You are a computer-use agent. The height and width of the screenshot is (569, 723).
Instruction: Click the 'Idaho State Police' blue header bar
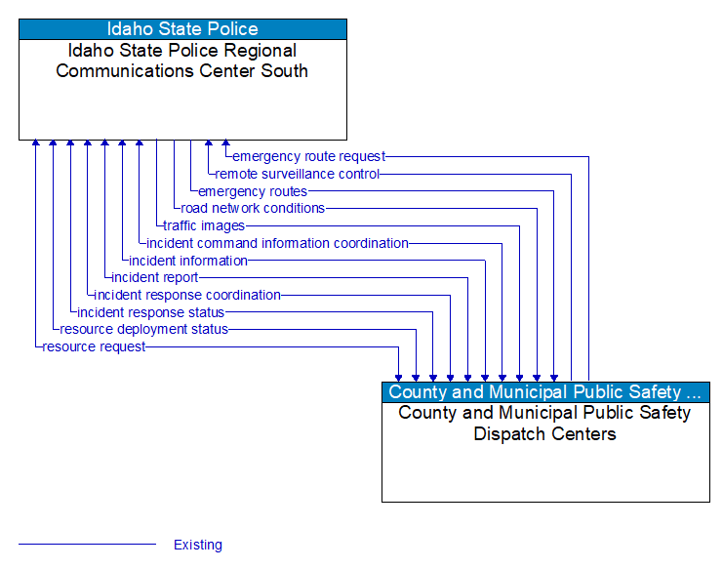tap(182, 28)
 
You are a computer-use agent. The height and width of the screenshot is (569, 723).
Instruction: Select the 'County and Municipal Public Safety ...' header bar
tap(545, 392)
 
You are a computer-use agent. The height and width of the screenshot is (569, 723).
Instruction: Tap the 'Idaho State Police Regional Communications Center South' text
tap(182, 61)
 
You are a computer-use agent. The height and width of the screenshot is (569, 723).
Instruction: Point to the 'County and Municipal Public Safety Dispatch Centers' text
tap(545, 424)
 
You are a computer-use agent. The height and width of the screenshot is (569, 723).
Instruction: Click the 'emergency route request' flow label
tap(308, 156)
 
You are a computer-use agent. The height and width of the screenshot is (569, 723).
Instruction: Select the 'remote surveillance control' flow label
tap(298, 174)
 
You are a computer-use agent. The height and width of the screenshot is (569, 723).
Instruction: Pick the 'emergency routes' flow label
tap(253, 191)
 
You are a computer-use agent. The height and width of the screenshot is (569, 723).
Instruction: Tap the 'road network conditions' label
tap(253, 208)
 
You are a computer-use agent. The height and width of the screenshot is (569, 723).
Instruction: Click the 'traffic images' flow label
tap(204, 225)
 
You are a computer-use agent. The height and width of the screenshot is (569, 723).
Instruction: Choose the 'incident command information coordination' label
tap(277, 243)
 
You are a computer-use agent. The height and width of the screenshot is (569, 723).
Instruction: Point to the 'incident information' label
tap(188, 261)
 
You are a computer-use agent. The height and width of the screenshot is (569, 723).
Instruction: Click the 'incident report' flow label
tap(155, 278)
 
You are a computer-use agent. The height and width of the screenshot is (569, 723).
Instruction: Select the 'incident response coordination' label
tap(187, 295)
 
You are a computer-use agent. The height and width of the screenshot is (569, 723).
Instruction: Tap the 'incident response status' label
tap(150, 312)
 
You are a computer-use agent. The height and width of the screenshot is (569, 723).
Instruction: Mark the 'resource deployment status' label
tap(143, 330)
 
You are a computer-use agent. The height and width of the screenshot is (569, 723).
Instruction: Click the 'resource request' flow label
tap(94, 346)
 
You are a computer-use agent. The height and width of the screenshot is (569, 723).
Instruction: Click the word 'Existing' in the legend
tap(198, 545)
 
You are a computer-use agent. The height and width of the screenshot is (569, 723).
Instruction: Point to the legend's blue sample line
tap(87, 545)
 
